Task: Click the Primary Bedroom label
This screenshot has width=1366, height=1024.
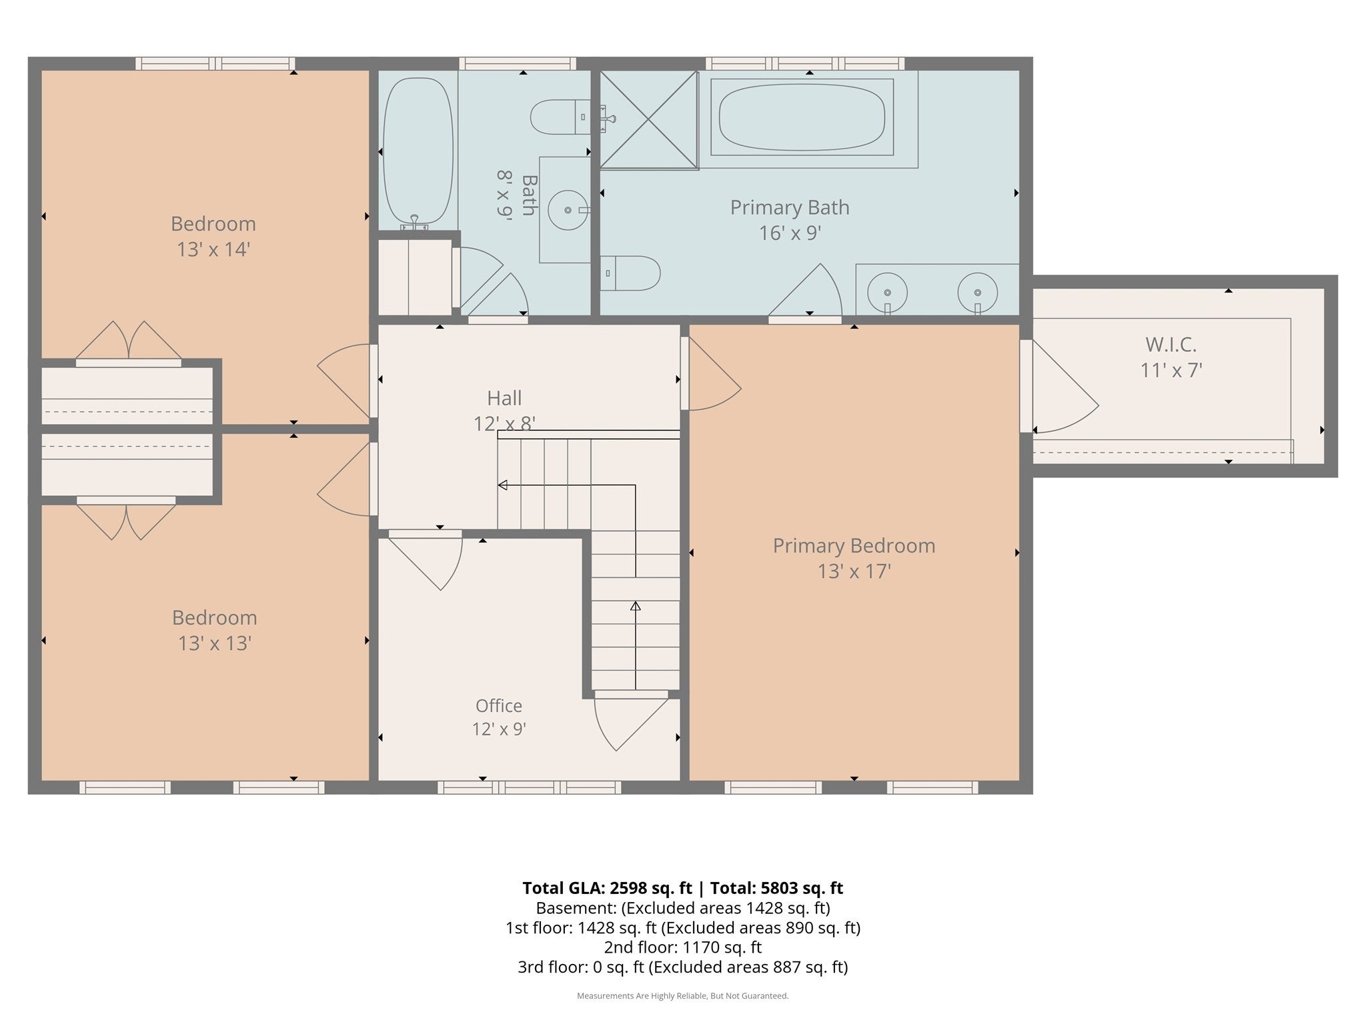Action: point(854,545)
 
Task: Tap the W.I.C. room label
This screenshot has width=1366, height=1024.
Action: point(1171,345)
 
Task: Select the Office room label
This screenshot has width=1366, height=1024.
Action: point(499,705)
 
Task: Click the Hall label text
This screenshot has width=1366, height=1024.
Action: point(504,398)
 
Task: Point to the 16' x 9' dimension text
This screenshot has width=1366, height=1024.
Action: point(790,233)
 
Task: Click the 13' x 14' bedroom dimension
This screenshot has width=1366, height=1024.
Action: point(213,249)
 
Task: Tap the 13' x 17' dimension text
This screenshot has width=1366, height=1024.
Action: point(854,571)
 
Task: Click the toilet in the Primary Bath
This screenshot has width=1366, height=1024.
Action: point(630,273)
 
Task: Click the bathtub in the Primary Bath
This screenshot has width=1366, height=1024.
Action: point(802,117)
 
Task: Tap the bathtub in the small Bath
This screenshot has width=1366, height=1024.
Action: point(418,151)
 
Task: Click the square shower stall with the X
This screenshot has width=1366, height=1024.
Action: point(649,119)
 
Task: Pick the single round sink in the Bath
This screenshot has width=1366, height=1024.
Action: point(568,210)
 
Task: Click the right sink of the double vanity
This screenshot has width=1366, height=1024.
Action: point(977,293)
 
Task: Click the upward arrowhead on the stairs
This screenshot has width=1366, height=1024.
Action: point(636,606)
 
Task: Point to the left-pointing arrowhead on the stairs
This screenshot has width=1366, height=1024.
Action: point(503,485)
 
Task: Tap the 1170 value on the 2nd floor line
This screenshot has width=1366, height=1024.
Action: point(700,947)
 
